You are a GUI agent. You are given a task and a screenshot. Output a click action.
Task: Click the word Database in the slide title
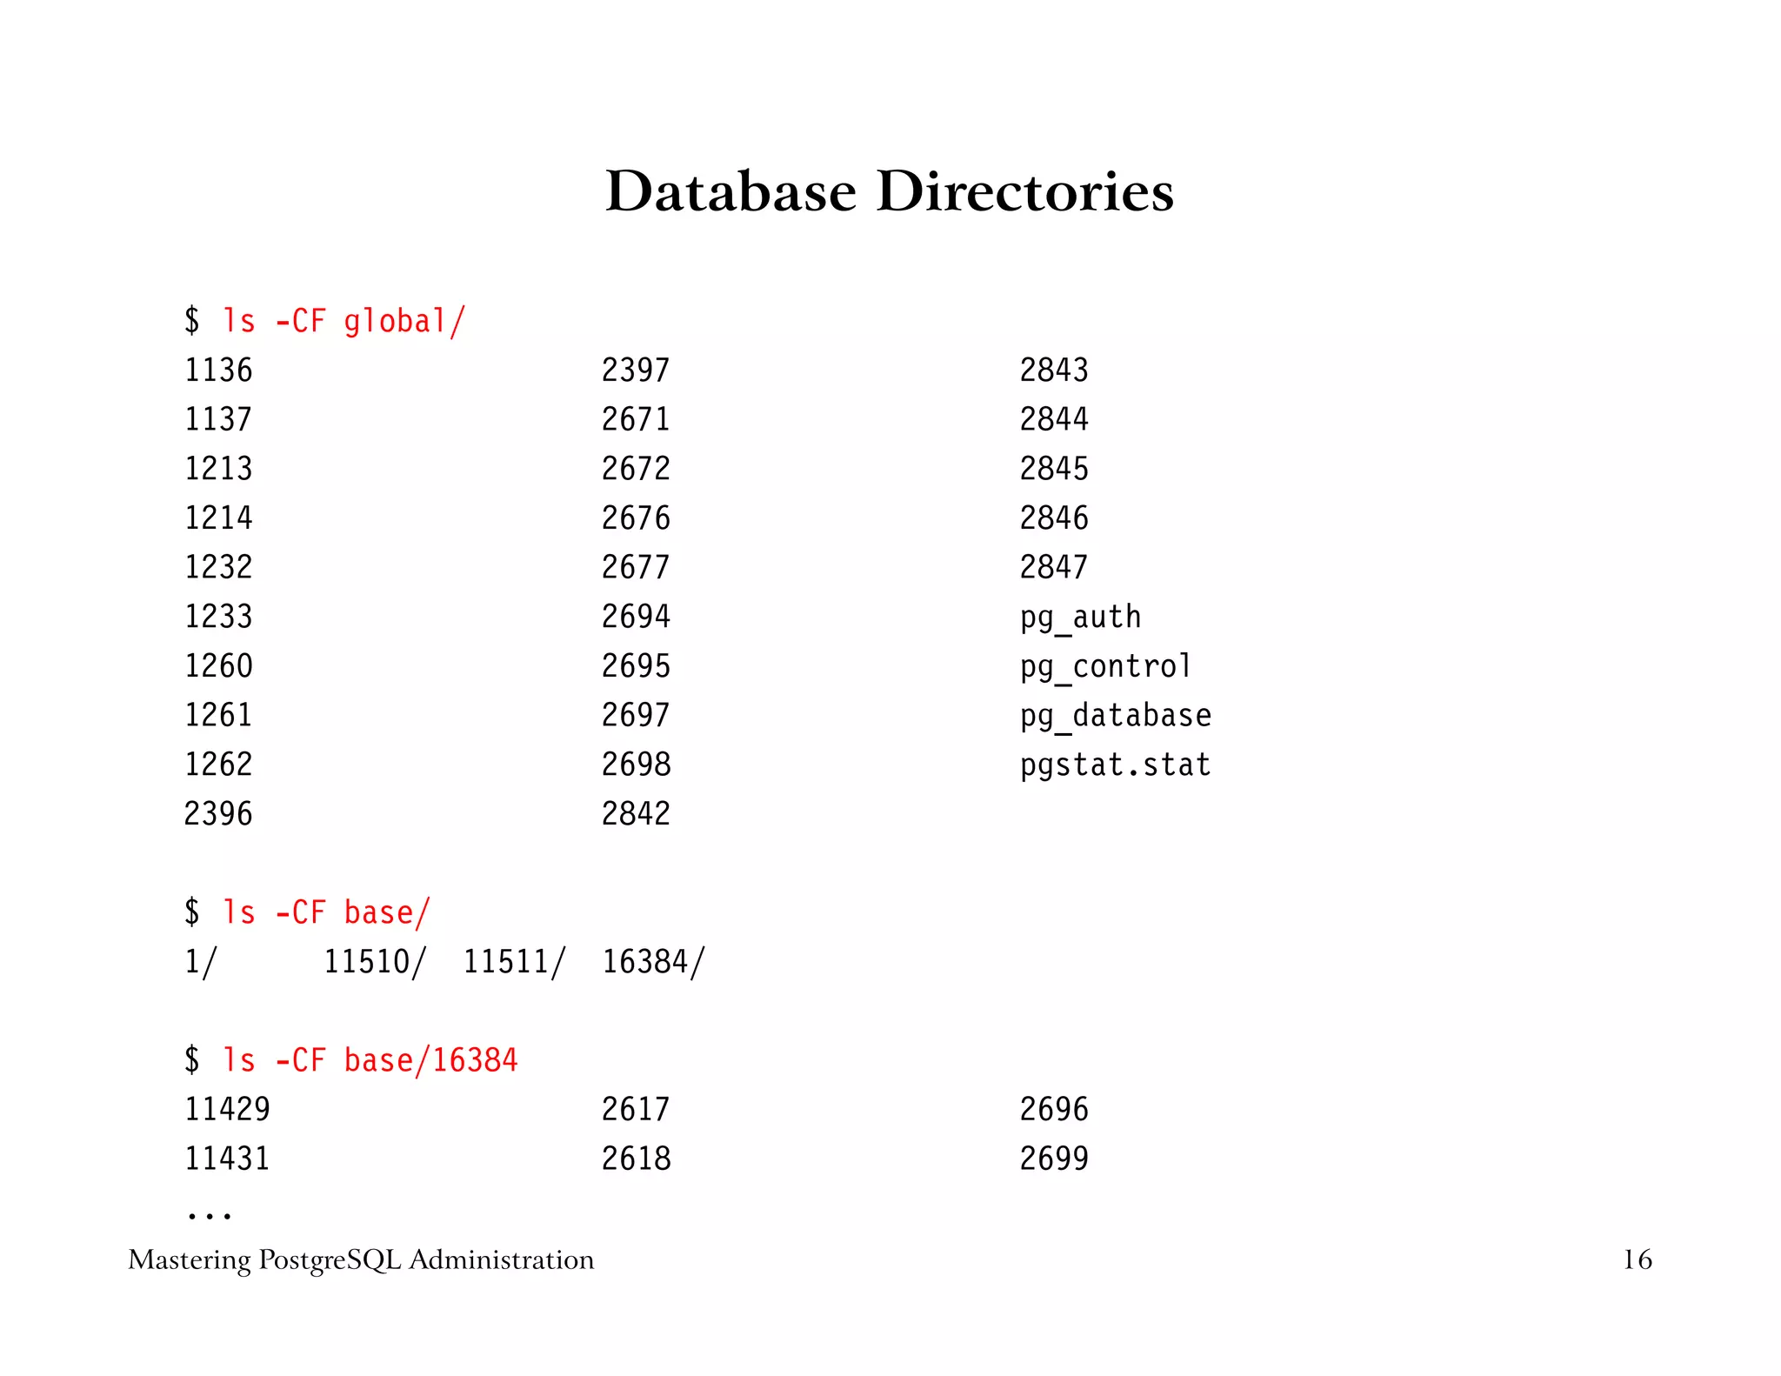pyautogui.click(x=730, y=191)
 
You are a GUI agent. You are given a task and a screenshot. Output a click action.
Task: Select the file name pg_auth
pyautogui.click(x=1080, y=618)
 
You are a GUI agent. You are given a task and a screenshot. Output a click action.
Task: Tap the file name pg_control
pyautogui.click(x=1105, y=667)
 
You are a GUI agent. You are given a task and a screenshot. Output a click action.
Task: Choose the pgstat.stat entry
pyautogui.click(x=1115, y=765)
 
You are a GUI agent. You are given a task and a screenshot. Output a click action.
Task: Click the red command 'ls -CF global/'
pyautogui.click(x=344, y=322)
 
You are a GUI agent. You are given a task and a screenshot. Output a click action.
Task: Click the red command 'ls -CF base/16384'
pyautogui.click(x=370, y=1060)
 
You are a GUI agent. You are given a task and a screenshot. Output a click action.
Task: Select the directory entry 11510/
pyautogui.click(x=375, y=962)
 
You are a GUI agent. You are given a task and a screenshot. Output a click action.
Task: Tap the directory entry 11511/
pyautogui.click(x=514, y=962)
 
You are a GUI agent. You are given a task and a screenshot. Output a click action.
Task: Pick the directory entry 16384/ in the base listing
pyautogui.click(x=653, y=962)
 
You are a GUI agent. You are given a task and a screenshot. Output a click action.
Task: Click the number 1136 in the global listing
pyautogui.click(x=218, y=371)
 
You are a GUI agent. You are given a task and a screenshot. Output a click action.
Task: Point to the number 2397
pyautogui.click(x=636, y=371)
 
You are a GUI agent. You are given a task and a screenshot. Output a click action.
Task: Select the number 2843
pyautogui.click(x=1054, y=371)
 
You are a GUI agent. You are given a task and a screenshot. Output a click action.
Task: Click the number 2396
pyautogui.click(x=218, y=814)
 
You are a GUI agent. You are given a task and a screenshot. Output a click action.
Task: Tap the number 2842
pyautogui.click(x=636, y=814)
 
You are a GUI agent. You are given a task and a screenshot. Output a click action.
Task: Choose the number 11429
pyautogui.click(x=227, y=1110)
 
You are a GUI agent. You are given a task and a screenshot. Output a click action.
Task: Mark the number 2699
pyautogui.click(x=1054, y=1159)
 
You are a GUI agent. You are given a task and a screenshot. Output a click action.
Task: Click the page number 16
pyautogui.click(x=1637, y=1259)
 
